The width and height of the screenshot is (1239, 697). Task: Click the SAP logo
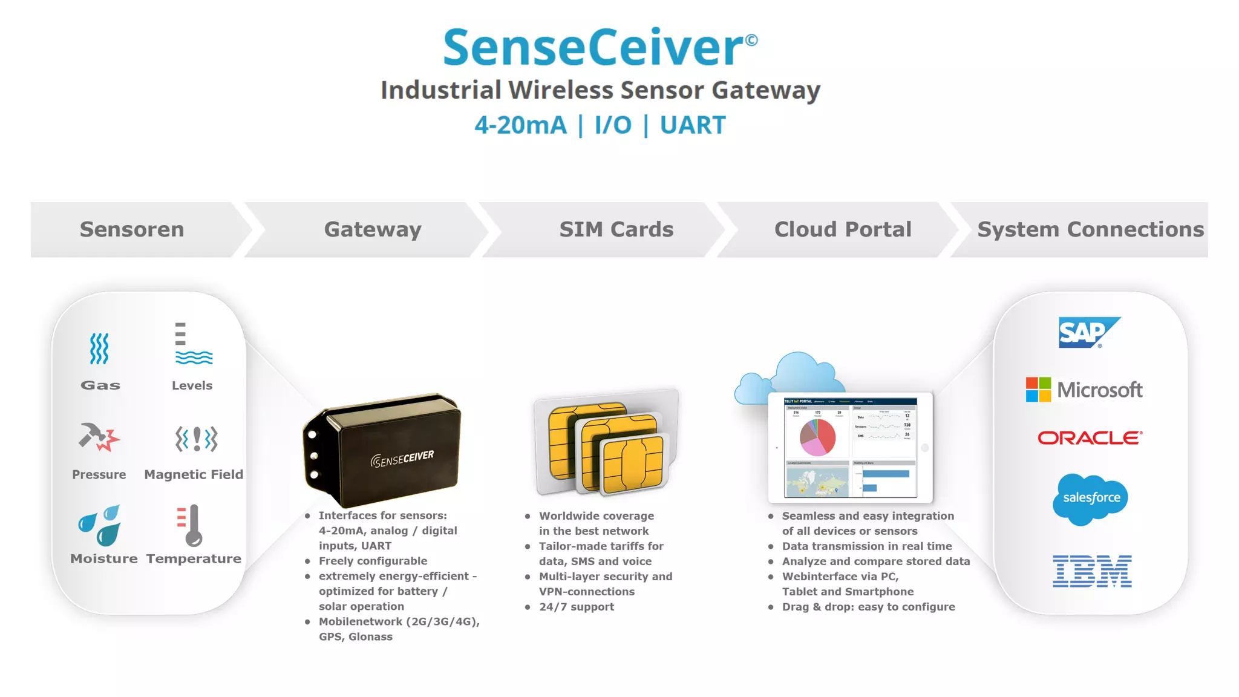coord(1088,332)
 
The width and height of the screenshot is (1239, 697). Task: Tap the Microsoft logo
coord(1084,390)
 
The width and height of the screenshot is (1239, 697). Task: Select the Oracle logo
coord(1090,437)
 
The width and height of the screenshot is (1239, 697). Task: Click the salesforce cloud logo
coord(1090,499)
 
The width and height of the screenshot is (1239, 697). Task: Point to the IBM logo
coord(1091,571)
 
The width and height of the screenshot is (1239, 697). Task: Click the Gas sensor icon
coord(99,348)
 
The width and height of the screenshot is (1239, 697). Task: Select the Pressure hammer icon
coord(99,437)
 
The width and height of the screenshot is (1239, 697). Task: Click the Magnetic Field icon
coord(196,439)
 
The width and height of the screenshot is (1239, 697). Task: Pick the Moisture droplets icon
coord(100,525)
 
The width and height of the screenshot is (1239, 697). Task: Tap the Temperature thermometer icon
coord(192,525)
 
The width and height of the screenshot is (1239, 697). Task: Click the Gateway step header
coord(373,229)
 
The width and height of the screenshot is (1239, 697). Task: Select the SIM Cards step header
coord(616,229)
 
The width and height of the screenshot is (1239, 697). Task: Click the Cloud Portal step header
coord(843,229)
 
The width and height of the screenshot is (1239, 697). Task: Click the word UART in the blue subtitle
coord(692,125)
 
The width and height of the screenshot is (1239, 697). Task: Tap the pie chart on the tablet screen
coord(817,437)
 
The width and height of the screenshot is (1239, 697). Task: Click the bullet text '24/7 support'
coord(576,607)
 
